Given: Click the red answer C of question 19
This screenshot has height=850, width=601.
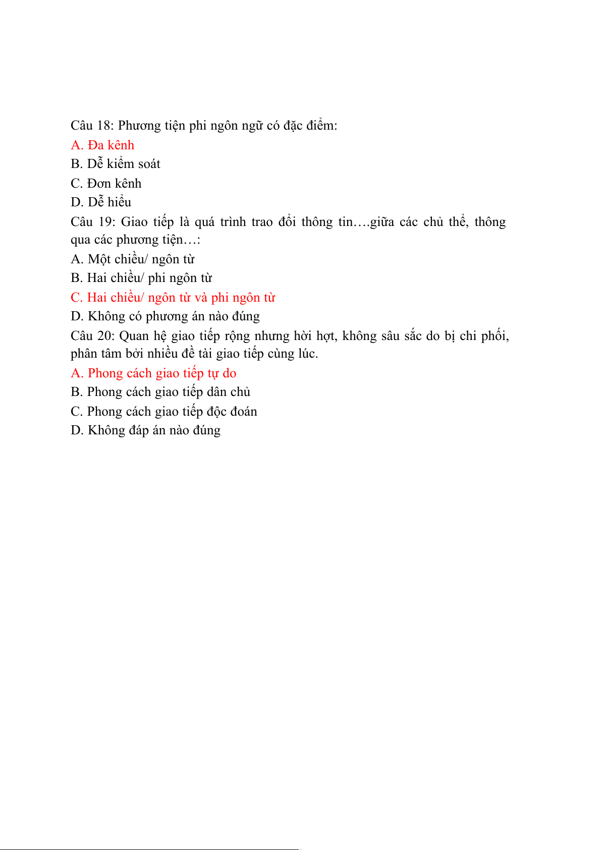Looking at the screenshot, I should [173, 298].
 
